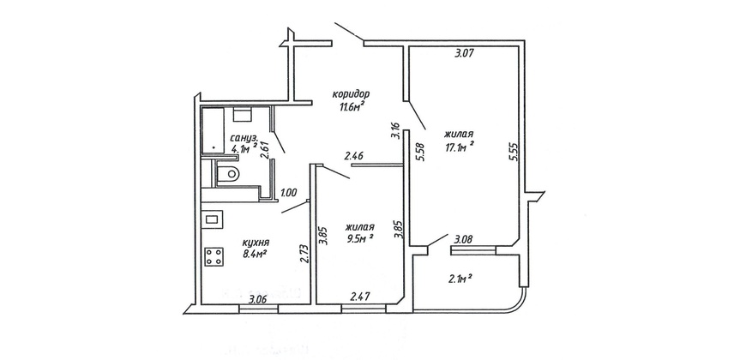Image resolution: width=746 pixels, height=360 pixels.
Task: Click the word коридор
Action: (351, 94)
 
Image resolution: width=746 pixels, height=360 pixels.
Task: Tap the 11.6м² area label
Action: (352, 106)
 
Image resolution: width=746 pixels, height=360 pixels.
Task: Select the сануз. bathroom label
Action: (244, 138)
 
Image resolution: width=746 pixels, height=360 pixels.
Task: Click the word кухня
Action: (256, 243)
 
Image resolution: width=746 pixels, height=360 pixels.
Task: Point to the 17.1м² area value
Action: (459, 147)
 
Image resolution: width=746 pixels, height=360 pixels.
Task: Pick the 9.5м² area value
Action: (359, 239)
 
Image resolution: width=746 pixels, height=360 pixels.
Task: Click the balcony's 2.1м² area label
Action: (460, 279)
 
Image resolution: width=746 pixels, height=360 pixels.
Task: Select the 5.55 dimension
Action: (513, 153)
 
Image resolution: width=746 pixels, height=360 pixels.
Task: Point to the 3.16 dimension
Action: (394, 131)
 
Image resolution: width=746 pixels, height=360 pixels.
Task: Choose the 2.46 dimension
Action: (354, 154)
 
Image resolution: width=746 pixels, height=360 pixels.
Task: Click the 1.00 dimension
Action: (289, 193)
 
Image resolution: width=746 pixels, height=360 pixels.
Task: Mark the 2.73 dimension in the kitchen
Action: (305, 254)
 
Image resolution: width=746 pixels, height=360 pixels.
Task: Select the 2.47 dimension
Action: (360, 297)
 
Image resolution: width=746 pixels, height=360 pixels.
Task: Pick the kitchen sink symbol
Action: (212, 219)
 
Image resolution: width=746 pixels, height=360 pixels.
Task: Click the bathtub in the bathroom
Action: (213, 131)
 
